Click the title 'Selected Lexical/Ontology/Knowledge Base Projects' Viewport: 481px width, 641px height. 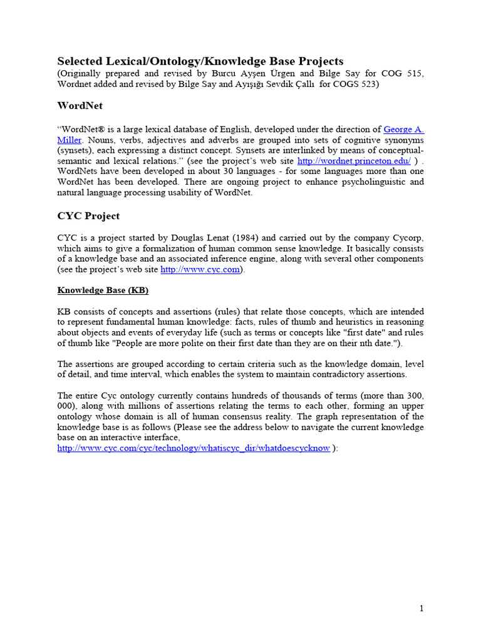point(200,61)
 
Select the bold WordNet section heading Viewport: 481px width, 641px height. point(80,106)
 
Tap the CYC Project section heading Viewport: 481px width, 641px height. point(88,216)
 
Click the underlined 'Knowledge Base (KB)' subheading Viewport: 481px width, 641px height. point(103,290)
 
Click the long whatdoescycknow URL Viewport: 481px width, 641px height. point(194,448)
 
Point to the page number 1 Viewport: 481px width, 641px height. point(422,608)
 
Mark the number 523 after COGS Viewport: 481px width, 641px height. point(366,83)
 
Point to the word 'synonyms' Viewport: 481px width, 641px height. point(405,140)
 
